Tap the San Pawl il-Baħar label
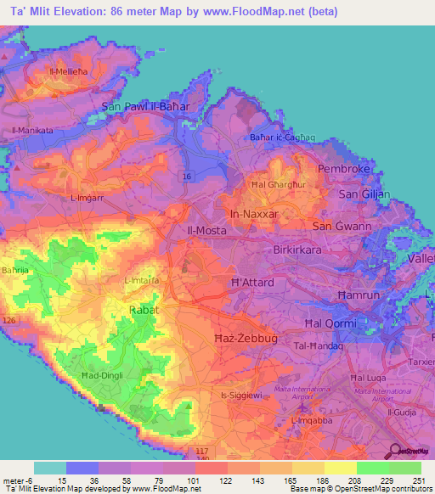(x=144, y=107)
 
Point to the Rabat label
(x=144, y=311)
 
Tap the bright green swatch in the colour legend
(x=373, y=468)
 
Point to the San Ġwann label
(x=339, y=227)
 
